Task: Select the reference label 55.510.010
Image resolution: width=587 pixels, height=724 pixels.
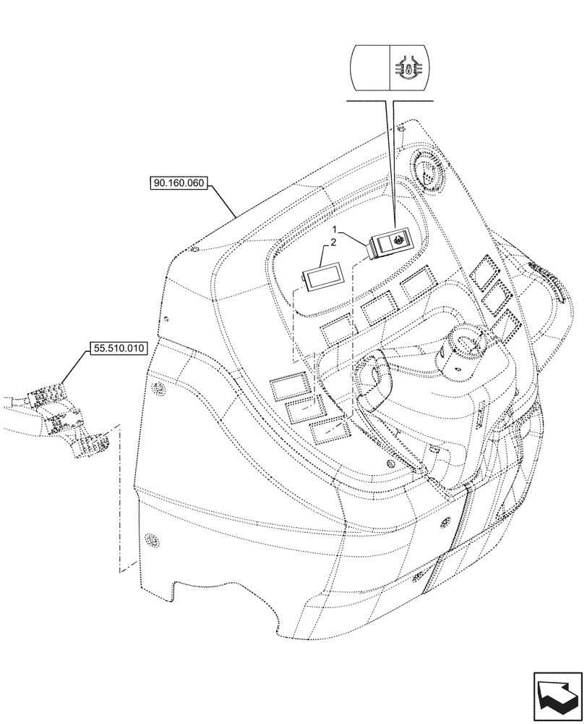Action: [119, 348]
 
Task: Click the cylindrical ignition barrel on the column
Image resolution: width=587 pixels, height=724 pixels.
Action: [460, 350]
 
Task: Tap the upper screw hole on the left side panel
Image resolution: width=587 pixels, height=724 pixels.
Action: [157, 392]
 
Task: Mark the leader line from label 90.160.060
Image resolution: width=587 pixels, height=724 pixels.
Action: [223, 201]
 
